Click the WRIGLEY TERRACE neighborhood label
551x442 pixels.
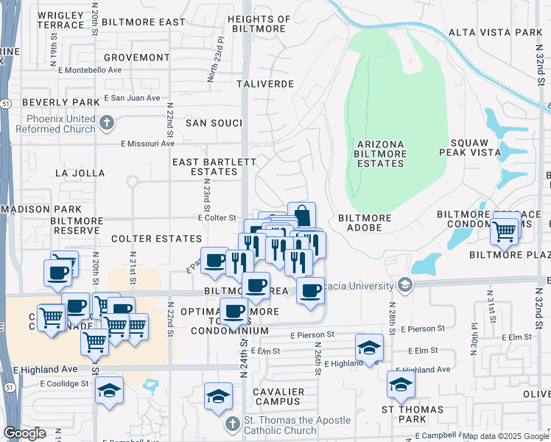pyautogui.click(x=60, y=20)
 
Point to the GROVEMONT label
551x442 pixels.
pyautogui.click(x=136, y=57)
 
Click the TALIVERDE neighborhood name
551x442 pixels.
pyautogui.click(x=266, y=84)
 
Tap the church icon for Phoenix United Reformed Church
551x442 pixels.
pyautogui.click(x=107, y=123)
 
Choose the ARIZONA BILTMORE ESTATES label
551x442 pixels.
pyautogui.click(x=380, y=153)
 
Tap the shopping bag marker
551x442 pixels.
pyautogui.click(x=301, y=215)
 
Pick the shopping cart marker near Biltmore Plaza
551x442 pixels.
pyautogui.click(x=505, y=230)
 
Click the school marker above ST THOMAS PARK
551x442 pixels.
pyautogui.click(x=401, y=384)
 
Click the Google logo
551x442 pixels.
pyautogui.click(x=24, y=433)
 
